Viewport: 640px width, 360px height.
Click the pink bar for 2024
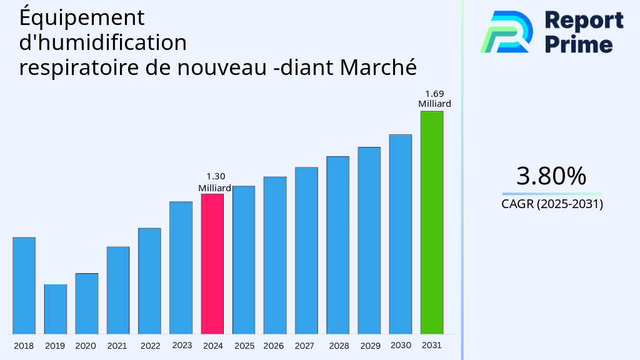tap(212, 264)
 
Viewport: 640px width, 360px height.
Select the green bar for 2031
tap(432, 222)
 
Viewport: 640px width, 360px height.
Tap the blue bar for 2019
tap(56, 309)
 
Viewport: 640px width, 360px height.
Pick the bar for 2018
tap(24, 286)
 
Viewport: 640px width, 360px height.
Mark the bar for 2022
tap(149, 281)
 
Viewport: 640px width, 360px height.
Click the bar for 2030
tap(401, 234)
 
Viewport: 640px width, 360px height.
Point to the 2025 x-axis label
tap(244, 346)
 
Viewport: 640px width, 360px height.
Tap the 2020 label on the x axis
tap(86, 346)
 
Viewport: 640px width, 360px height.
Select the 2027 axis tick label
tap(304, 346)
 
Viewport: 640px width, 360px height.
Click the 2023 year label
tap(182, 345)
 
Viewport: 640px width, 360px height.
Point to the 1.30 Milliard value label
tap(215, 182)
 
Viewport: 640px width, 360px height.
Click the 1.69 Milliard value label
tap(434, 99)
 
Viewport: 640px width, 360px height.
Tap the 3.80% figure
tap(552, 176)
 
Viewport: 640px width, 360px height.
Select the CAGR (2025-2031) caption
tap(552, 204)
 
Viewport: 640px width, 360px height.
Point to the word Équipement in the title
tap(82, 18)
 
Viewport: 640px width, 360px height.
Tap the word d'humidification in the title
tap(103, 42)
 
